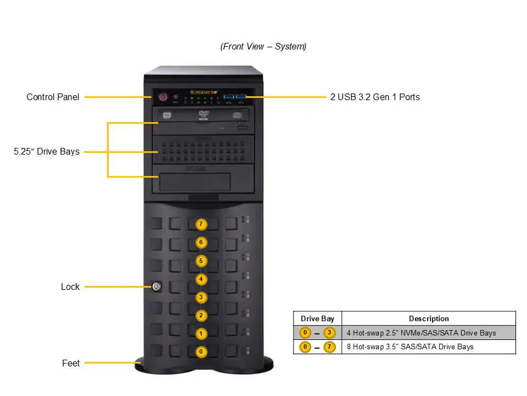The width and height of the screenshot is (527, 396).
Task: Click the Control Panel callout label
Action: [53, 97]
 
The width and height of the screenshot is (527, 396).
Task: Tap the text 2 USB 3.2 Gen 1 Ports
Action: [375, 97]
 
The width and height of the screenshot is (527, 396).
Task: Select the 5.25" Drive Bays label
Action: [47, 151]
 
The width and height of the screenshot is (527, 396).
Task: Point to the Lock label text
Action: [70, 287]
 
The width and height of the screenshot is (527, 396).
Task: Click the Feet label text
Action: [71, 363]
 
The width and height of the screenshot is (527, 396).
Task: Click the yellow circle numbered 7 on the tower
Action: [201, 224]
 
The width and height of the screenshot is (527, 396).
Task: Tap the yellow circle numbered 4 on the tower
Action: [201, 279]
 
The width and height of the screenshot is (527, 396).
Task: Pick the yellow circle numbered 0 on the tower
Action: [201, 351]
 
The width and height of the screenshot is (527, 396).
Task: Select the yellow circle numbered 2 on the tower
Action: [201, 315]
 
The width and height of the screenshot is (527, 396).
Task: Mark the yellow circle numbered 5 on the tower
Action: [201, 261]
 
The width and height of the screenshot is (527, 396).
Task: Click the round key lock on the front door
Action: [156, 286]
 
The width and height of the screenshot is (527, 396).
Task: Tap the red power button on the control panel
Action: [163, 97]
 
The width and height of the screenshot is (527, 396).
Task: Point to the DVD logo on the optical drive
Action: [204, 113]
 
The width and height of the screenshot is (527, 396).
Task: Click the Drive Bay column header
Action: [317, 318]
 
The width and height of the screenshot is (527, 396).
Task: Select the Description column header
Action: [429, 318]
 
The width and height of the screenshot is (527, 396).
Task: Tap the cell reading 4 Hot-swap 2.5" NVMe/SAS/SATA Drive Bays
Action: [421, 333]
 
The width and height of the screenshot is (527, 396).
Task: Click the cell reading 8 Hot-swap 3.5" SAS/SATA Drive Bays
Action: [410, 347]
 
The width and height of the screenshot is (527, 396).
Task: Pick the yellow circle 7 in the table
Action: [329, 347]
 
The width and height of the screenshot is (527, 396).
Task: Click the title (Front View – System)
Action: [263, 47]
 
